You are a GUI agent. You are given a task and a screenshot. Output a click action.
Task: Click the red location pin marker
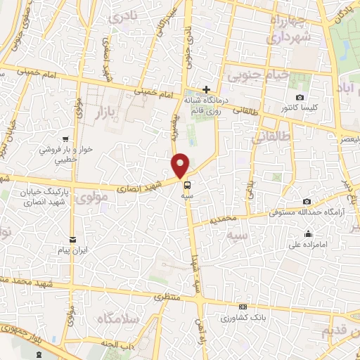click(x=181, y=165)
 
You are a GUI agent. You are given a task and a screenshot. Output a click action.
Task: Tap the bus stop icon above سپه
click(x=188, y=186)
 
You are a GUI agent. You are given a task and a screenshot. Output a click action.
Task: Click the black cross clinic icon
click(x=205, y=89)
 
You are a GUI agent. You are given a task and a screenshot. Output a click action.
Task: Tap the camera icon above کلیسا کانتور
click(x=300, y=97)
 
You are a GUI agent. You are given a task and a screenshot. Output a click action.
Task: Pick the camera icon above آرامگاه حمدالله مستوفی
click(x=307, y=200)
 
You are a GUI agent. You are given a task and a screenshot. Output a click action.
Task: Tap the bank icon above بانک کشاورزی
click(x=243, y=307)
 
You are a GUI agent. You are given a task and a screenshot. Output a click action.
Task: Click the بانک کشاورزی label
click(x=243, y=319)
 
